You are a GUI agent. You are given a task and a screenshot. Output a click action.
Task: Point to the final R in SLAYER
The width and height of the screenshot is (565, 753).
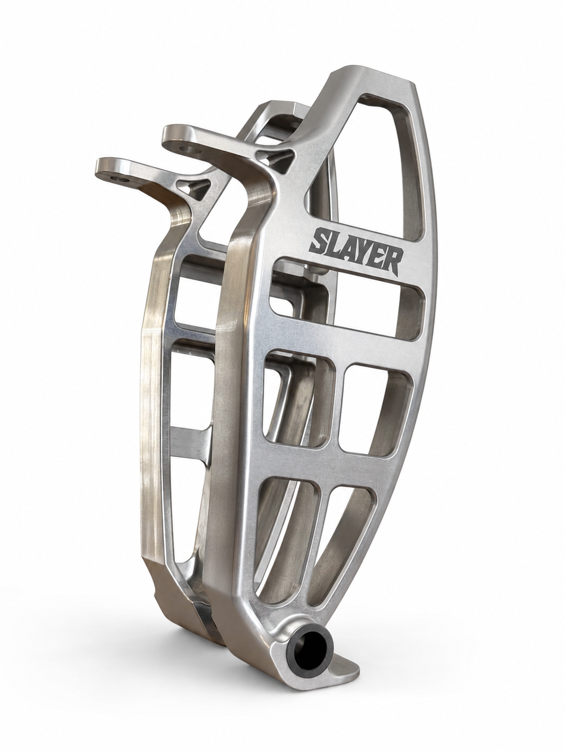(x=393, y=263)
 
